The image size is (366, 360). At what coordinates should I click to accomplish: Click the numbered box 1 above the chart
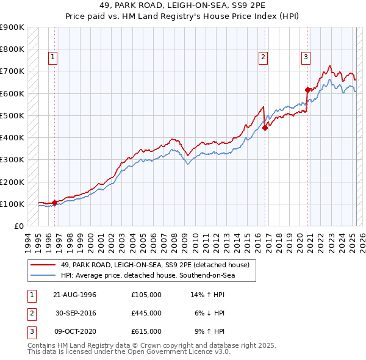pyautogui.click(x=53, y=58)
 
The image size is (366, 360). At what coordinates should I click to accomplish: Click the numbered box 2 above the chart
pyautogui.click(x=263, y=58)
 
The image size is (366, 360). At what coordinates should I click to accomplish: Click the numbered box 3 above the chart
pyautogui.click(x=305, y=58)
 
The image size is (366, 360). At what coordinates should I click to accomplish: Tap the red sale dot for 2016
pyautogui.click(x=265, y=128)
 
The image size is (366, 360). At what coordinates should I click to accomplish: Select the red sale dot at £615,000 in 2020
pyautogui.click(x=307, y=90)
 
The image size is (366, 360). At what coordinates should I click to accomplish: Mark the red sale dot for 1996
pyautogui.click(x=54, y=203)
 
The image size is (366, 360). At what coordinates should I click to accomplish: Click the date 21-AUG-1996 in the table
pyautogui.click(x=74, y=295)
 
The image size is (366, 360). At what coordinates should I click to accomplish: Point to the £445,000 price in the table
pyautogui.click(x=146, y=313)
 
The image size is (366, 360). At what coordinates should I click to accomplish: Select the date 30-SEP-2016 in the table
pyautogui.click(x=76, y=313)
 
